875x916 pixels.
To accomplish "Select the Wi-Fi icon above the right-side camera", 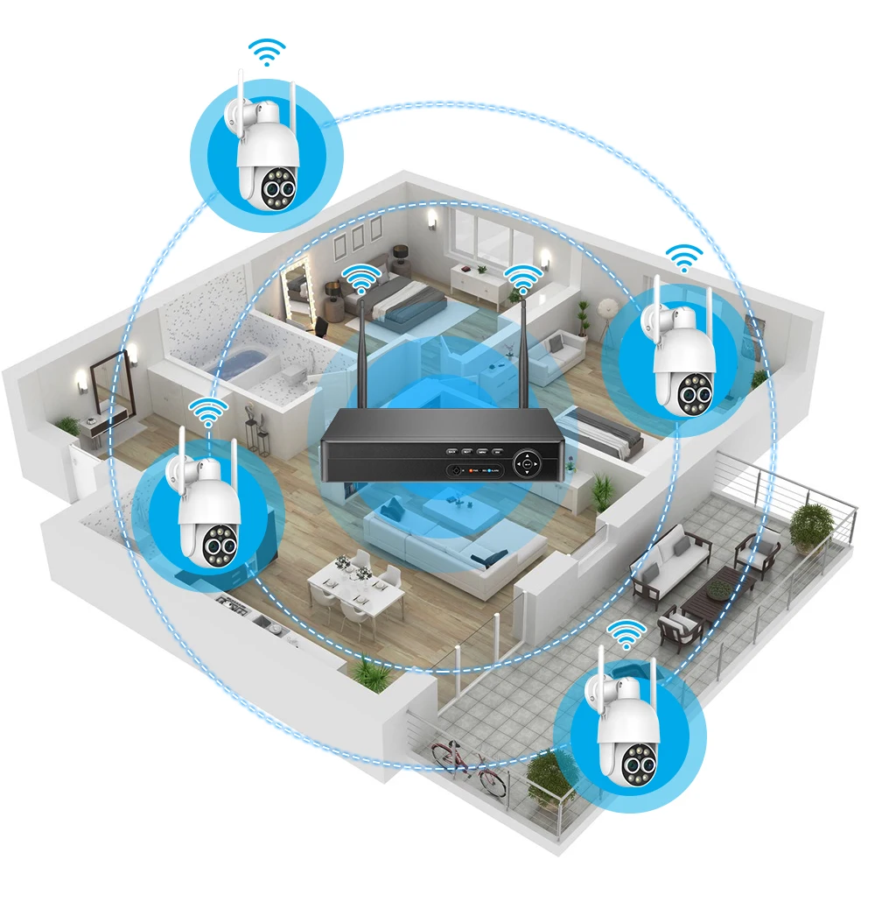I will tap(683, 257).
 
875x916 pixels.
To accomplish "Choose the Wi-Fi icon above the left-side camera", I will tap(208, 411).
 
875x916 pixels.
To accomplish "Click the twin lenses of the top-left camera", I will tap(278, 190).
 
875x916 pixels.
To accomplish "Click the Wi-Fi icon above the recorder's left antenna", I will tap(359, 279).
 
